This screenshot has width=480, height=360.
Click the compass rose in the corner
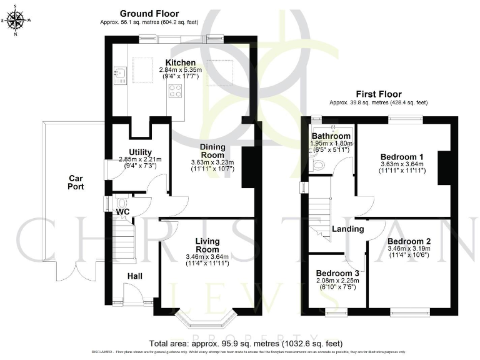click(16, 20)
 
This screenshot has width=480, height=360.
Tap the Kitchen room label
click(180, 63)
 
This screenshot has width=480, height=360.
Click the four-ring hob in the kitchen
click(175, 91)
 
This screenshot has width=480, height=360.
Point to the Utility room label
click(140, 152)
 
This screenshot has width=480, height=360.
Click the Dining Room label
click(212, 151)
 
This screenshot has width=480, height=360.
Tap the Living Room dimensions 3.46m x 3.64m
click(207, 257)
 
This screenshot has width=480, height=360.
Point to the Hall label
click(135, 276)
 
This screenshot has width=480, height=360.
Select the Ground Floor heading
click(149, 13)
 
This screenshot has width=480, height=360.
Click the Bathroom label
click(331, 136)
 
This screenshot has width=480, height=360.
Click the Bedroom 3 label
click(337, 273)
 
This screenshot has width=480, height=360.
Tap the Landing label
click(348, 229)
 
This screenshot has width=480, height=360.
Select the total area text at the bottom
click(246, 344)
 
